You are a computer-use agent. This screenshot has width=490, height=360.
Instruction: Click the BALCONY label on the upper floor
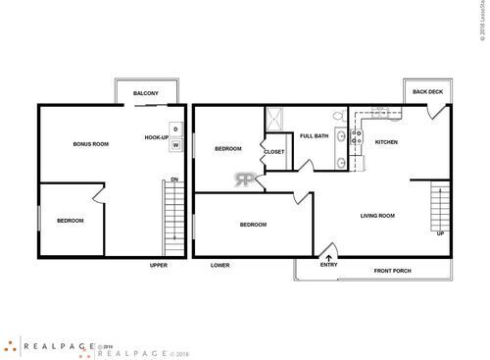click(146, 93)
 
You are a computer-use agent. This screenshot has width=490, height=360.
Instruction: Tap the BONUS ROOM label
click(90, 144)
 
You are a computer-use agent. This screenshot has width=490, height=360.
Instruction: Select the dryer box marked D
click(175, 129)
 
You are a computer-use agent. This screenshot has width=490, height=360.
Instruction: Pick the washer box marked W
click(175, 145)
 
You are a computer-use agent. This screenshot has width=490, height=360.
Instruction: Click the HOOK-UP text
click(157, 137)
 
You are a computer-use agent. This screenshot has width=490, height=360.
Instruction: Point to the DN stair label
click(173, 179)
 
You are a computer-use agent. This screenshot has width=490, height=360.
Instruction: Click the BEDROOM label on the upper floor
click(69, 220)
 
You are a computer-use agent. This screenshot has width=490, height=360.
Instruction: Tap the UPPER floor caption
click(159, 265)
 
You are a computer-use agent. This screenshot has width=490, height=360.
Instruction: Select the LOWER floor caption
click(220, 265)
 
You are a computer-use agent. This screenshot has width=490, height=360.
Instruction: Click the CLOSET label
click(274, 152)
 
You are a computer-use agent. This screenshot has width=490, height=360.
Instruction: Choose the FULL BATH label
click(314, 136)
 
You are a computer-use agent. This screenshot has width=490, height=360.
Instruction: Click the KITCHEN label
click(387, 142)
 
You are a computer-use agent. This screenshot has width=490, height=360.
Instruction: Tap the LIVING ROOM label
click(377, 215)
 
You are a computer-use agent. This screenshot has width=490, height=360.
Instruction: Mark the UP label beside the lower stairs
click(439, 234)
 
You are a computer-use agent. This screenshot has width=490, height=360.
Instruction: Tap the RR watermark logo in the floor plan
click(242, 179)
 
